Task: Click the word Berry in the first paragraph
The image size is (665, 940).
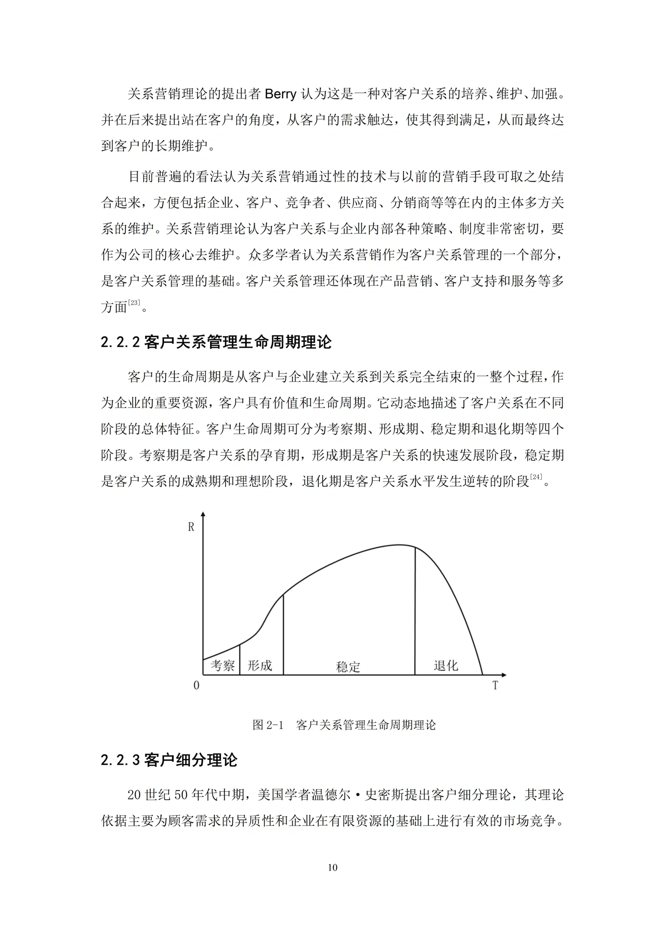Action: [280, 94]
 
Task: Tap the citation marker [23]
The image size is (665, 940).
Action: [134, 303]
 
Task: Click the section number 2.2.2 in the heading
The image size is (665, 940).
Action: [120, 342]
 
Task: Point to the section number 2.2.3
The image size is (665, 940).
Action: [120, 760]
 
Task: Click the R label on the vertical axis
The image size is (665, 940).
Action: [191, 527]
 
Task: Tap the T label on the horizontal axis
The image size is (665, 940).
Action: [495, 685]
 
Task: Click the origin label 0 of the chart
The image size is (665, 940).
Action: [196, 685]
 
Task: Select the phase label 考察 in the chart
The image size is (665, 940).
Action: [222, 665]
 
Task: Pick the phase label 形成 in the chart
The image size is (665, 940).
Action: [260, 665]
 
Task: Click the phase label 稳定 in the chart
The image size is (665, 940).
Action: [348, 666]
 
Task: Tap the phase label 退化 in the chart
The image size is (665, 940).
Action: [446, 665]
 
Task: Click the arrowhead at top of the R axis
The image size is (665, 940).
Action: [203, 515]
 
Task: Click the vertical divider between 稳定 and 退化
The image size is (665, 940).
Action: [415, 612]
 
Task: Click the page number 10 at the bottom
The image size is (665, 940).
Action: [332, 868]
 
